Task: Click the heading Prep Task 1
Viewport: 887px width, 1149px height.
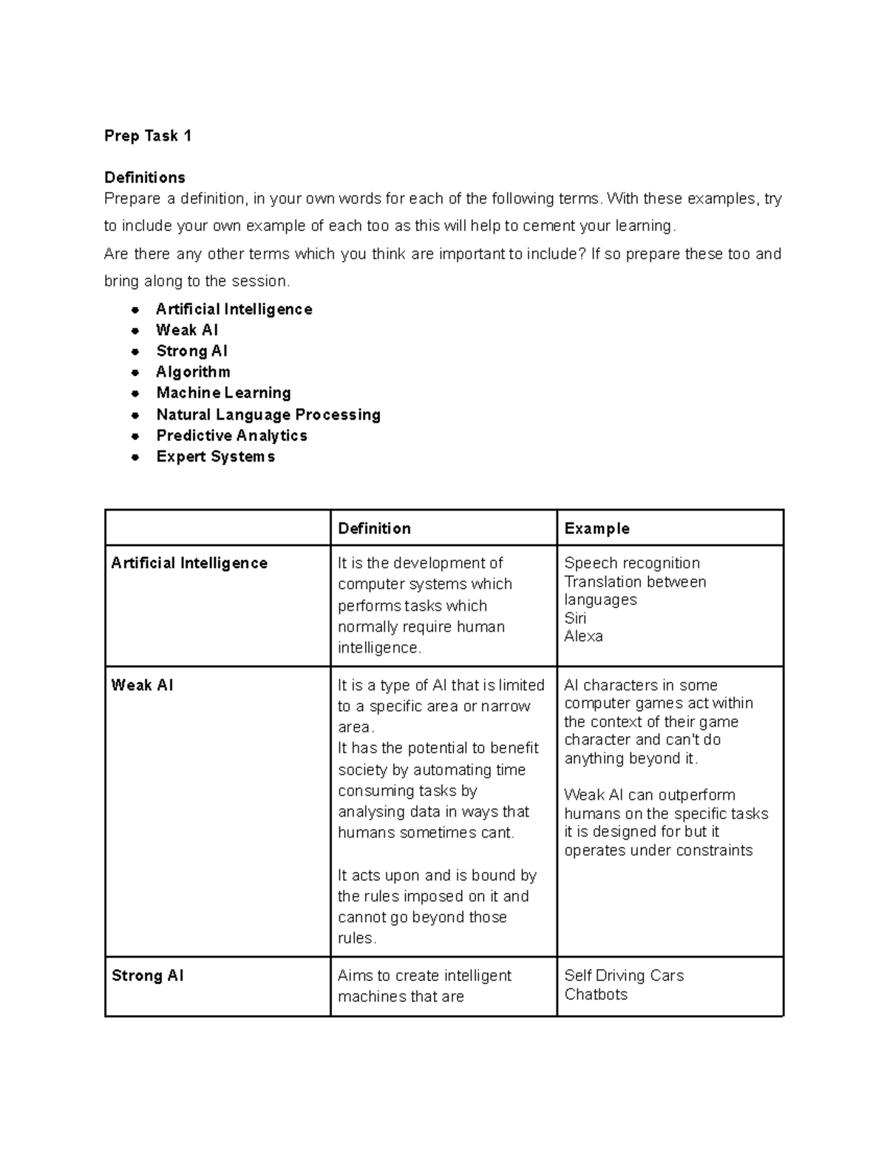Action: [148, 135]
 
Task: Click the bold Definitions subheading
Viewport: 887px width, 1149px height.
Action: [145, 178]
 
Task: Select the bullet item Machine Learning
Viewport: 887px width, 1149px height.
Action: [223, 393]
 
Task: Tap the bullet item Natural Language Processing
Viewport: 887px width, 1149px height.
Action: [268, 414]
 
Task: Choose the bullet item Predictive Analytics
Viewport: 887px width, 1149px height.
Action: [231, 435]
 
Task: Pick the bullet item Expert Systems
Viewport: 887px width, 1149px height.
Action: [215, 456]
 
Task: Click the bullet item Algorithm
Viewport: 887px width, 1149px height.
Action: [193, 372]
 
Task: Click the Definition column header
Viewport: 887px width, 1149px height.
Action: [374, 528]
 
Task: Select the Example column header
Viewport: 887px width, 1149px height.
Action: [597, 528]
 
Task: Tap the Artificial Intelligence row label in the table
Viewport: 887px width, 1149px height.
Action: [189, 563]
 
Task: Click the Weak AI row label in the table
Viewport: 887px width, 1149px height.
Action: [142, 685]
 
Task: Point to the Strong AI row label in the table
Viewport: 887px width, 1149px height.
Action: [147, 976]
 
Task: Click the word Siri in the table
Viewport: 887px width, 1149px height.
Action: [575, 618]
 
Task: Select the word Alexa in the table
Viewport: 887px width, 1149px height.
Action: [583, 636]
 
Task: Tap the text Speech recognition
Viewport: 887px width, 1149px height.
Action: [631, 563]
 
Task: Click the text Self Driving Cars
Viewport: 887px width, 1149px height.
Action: [624, 976]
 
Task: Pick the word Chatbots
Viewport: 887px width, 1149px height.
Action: [596, 994]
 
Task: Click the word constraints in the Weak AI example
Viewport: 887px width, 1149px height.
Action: [716, 850]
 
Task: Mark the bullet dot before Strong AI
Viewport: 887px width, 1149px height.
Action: [135, 352]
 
